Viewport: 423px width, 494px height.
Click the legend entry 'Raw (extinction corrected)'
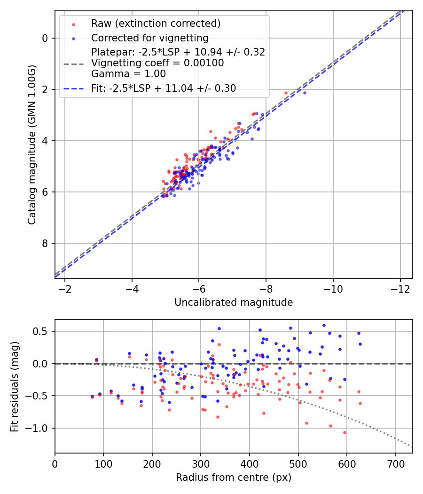point(156,24)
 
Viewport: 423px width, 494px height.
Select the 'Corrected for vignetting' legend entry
point(149,38)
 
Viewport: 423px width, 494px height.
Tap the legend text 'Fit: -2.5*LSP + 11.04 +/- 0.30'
point(164,88)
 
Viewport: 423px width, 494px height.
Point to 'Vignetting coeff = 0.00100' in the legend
point(157,63)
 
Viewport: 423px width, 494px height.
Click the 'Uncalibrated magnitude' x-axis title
point(234,303)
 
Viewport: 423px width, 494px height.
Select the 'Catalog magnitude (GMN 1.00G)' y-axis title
point(32,144)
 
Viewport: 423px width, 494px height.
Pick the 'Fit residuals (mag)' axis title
point(15,386)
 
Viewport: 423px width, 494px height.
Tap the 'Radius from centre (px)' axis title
point(234,478)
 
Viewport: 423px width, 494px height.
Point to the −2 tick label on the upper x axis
point(65,288)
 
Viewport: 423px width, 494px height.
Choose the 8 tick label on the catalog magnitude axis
point(45,243)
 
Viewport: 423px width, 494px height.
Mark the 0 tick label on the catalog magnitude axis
point(45,38)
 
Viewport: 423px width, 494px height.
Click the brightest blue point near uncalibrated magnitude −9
point(305,93)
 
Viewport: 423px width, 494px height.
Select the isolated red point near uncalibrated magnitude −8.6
point(286,93)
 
